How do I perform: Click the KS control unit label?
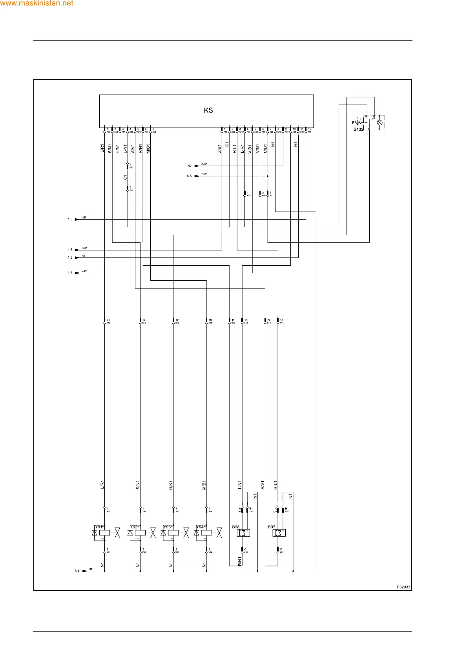208,110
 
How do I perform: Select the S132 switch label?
358,129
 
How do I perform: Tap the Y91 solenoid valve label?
99,527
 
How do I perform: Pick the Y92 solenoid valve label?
134,527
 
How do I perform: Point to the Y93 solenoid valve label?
167,527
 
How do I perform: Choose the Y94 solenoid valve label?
200,527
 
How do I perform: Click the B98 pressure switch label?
236,527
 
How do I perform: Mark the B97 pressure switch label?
272,527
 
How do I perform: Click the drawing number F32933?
403,587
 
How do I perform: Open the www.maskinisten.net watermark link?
36,3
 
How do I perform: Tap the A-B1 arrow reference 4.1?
190,166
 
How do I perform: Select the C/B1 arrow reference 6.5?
189,176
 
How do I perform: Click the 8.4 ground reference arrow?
77,571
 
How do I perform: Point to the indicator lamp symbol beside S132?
379,122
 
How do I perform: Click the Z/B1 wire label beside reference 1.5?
84,248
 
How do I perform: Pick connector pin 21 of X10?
105,321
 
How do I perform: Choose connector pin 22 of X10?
266,321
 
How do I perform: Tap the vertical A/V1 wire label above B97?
263,485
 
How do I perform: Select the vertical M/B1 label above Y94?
204,485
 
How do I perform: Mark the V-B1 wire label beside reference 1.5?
84,271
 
